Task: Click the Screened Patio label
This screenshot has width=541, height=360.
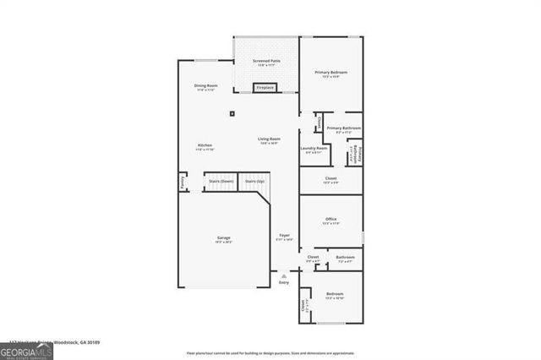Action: (x=267, y=62)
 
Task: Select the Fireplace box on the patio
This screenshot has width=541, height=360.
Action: (x=265, y=87)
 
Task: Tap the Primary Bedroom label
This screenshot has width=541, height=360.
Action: (x=331, y=73)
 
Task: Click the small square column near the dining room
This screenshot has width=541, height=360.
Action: (x=232, y=114)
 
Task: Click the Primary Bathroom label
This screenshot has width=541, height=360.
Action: (x=344, y=128)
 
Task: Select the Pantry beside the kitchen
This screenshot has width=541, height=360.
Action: (x=182, y=182)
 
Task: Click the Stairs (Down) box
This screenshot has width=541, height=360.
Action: (x=221, y=182)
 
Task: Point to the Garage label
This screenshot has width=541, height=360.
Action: (x=223, y=238)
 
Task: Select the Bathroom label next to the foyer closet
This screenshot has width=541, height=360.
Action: (x=345, y=257)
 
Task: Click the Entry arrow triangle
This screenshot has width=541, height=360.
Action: (x=285, y=275)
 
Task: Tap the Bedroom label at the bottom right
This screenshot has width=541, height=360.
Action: (x=335, y=294)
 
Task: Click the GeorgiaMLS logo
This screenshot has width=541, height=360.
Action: (x=27, y=350)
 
